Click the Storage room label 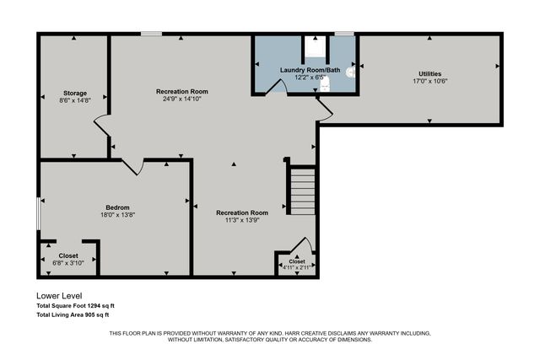point(75,93)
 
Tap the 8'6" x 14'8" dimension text point(75,100)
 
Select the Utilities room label point(429,74)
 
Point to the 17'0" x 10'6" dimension point(429,82)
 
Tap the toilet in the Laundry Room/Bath point(350,73)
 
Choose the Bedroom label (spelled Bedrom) point(117,207)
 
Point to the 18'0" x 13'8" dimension point(117,215)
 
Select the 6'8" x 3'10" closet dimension point(68,262)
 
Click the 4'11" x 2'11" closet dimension point(297,268)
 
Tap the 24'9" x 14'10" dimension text point(181,99)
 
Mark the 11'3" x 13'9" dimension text point(241,220)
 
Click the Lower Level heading point(59,296)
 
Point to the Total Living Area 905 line point(73,314)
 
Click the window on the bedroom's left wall point(38,212)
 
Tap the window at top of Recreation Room point(151,34)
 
